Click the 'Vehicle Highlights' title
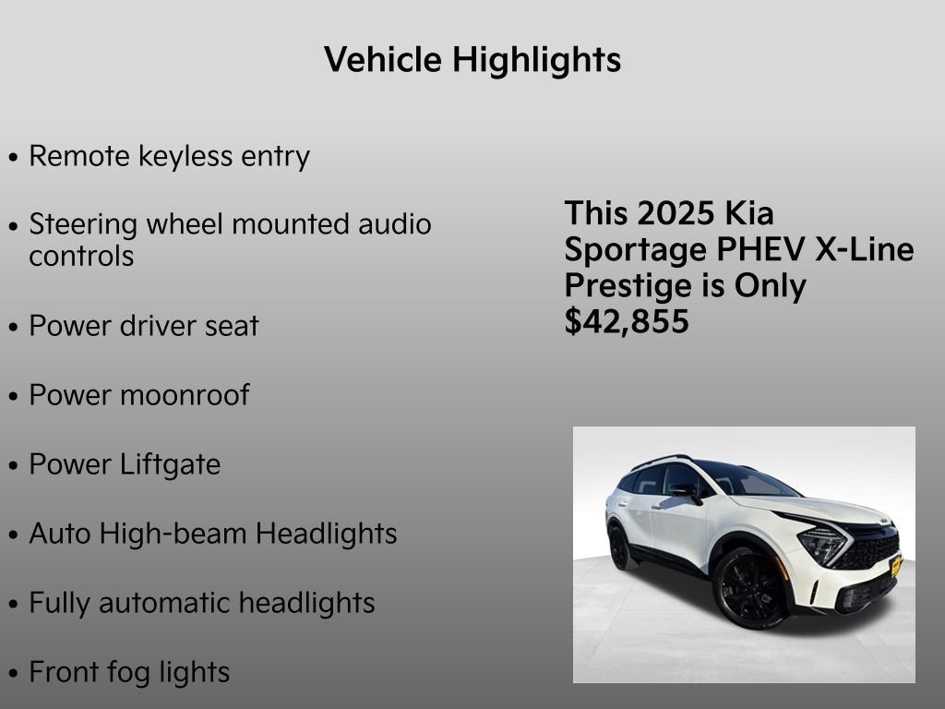472,60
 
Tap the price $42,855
627,322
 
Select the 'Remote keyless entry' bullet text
169,156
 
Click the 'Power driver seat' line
144,326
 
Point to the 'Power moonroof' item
138,395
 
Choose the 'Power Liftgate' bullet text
125,464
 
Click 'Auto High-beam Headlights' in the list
212,534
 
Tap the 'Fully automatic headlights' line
201,603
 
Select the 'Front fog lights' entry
129,672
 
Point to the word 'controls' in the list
81,256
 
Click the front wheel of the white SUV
748,587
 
